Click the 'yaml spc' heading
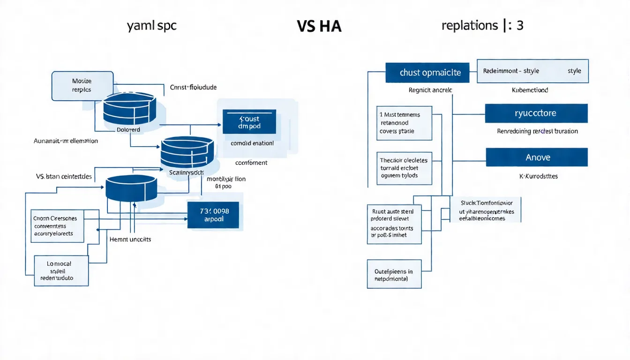pos(151,26)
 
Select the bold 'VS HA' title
pos(319,27)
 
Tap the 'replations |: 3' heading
pos(482,25)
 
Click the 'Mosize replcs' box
pos(82,86)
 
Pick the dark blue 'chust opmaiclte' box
pos(427,73)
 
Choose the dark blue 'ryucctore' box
pos(536,113)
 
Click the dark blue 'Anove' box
pos(536,157)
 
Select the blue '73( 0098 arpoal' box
pos(213,215)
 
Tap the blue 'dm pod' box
pos(249,122)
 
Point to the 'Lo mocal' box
pos(61,271)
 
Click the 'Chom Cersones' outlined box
pos(57,226)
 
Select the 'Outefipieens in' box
pos(394,274)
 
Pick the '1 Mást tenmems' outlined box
pos(405,123)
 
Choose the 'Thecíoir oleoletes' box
pos(405,168)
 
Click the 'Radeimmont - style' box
pos(532,71)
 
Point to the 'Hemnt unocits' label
pos(130,239)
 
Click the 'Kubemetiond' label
pos(530,90)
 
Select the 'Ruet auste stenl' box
pos(394,224)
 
